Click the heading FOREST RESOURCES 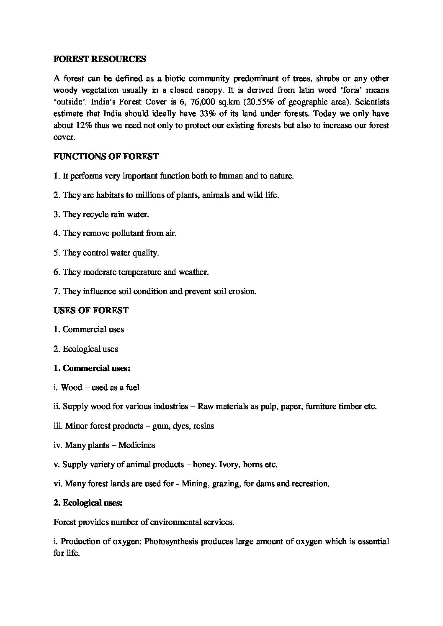tap(100, 59)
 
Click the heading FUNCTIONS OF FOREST tap(106, 157)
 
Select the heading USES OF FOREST tap(91, 310)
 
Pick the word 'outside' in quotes tap(68, 102)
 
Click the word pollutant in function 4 tap(128, 233)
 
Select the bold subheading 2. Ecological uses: tap(88, 503)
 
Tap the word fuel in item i tap(133, 388)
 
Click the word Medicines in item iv tap(137, 445)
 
